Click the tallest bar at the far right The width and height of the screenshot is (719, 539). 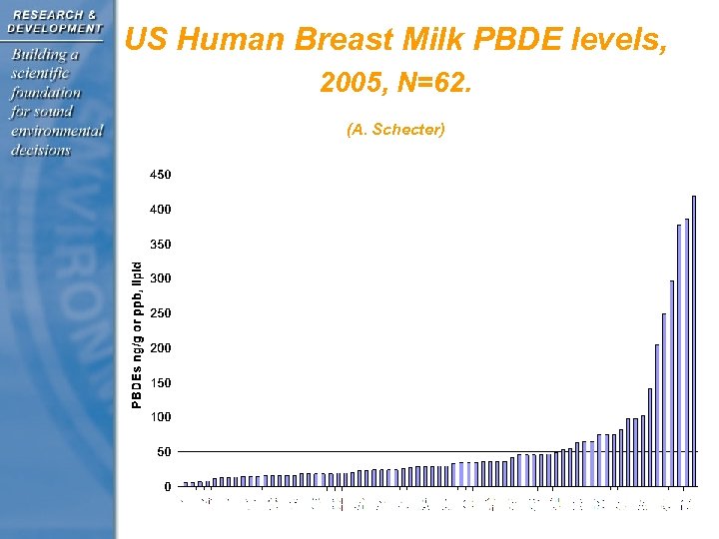point(693,339)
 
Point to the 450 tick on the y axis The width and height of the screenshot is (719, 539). point(160,175)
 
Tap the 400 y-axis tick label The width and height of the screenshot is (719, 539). point(160,210)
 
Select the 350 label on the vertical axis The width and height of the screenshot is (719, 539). point(160,244)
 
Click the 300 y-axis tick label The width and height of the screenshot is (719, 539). point(160,278)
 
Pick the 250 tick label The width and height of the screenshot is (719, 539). point(160,313)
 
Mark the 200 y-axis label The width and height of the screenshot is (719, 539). point(160,348)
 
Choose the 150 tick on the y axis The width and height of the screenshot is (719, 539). point(160,382)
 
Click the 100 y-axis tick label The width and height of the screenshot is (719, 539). point(160,417)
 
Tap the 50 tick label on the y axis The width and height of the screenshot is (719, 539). point(164,452)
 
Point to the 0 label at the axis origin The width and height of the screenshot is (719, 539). point(167,487)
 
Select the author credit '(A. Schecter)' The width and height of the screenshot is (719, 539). point(395,130)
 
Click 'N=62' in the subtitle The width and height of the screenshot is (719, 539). point(432,87)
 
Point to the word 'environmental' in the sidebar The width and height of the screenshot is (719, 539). point(57,131)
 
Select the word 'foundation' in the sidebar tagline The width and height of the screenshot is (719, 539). point(46,92)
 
